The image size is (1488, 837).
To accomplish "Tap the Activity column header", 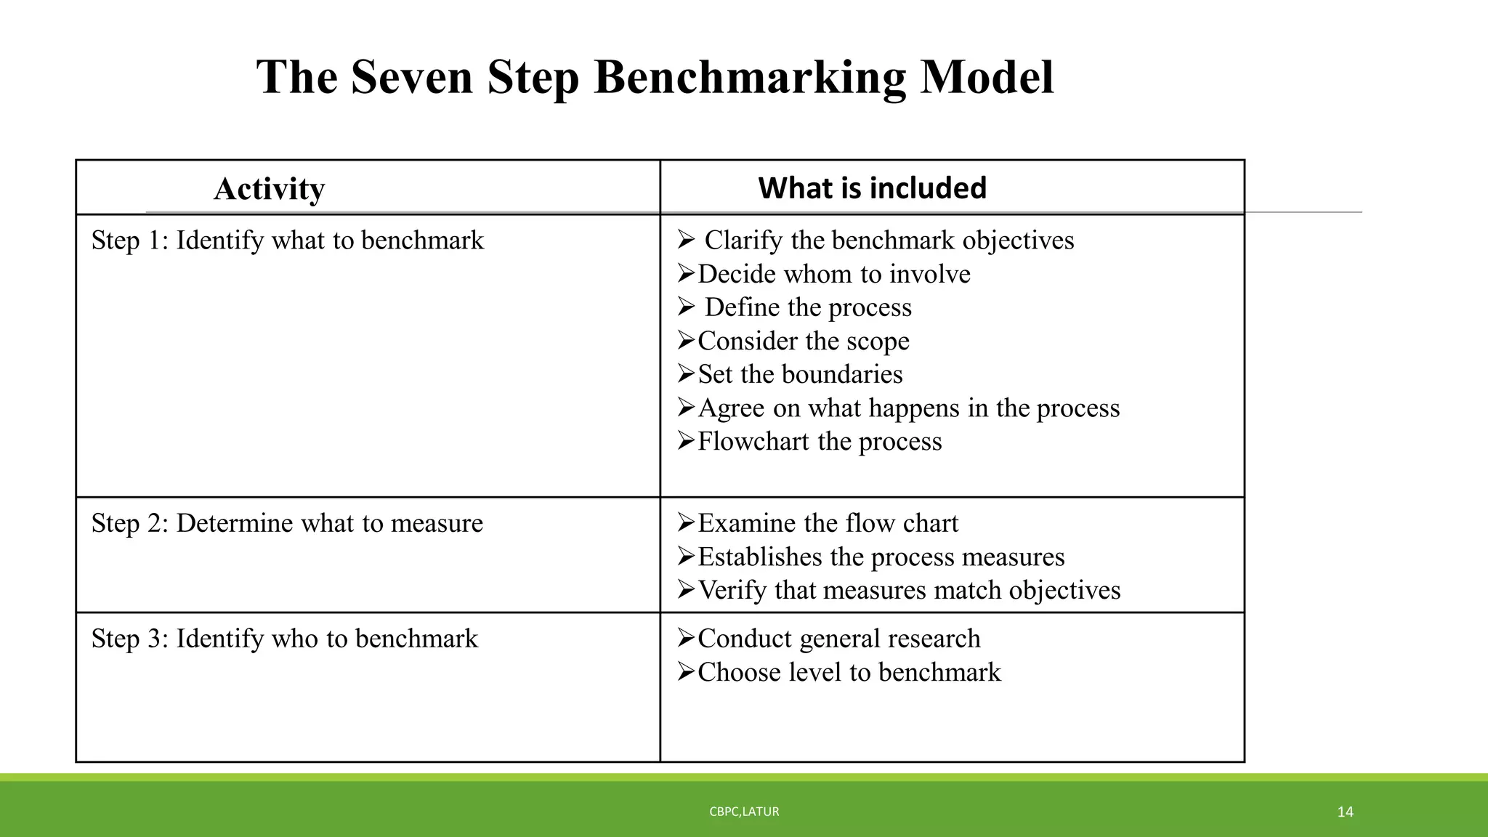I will click(x=269, y=189).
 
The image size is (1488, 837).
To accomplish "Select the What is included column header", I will click(x=872, y=188).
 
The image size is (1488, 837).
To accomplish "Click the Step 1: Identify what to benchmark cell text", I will click(x=287, y=240).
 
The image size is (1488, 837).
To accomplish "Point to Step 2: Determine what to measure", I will click(x=287, y=523).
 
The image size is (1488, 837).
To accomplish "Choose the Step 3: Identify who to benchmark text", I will click(x=284, y=639).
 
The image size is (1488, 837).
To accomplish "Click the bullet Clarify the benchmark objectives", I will click(x=889, y=240).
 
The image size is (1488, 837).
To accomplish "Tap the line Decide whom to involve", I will click(x=833, y=274).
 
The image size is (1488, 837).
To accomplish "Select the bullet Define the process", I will click(x=807, y=307).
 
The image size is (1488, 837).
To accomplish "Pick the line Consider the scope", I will click(x=803, y=341).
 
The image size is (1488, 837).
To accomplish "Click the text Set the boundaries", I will click(x=800, y=374).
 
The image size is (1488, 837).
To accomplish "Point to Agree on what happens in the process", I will click(x=908, y=408).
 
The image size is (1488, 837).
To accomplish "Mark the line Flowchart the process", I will click(x=820, y=441).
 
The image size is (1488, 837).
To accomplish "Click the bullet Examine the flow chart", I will click(x=828, y=523).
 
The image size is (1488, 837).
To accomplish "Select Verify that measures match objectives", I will click(x=909, y=590).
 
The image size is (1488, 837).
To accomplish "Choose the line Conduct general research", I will click(x=838, y=639).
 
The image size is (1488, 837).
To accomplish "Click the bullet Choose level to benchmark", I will click(x=849, y=672).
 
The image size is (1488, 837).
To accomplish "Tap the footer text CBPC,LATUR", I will click(x=744, y=812).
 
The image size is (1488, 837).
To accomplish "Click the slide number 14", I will click(x=1345, y=812).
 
